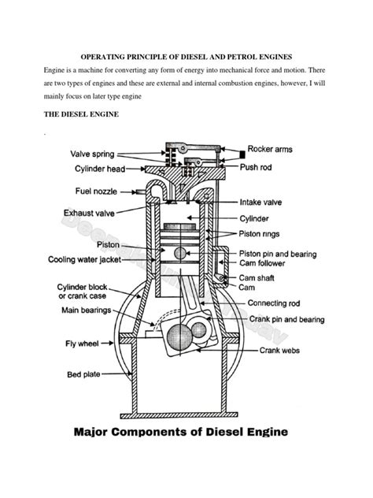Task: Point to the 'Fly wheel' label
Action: (x=81, y=344)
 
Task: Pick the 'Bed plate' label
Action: (x=80, y=375)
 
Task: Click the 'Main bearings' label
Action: (x=90, y=310)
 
